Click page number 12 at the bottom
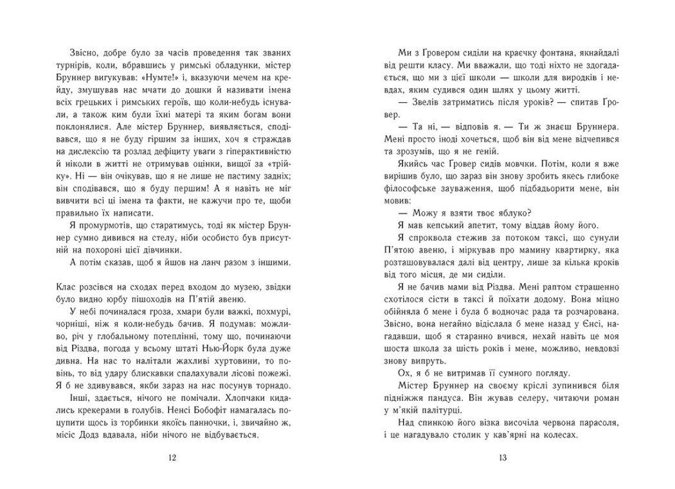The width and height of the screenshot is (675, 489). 170,457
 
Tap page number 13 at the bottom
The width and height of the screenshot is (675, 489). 503,457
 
